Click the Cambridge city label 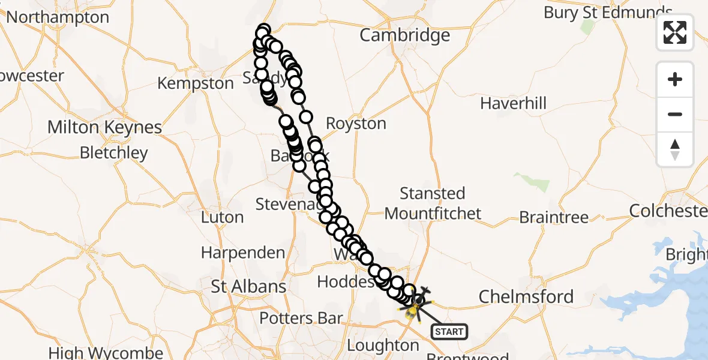[404, 35]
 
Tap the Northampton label [58, 17]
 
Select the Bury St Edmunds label [607, 13]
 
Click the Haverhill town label [513, 104]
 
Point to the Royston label [356, 124]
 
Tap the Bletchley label [113, 153]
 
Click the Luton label [222, 217]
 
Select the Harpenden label [243, 253]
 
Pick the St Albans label [248, 287]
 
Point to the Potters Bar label [301, 319]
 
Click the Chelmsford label [526, 296]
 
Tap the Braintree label [554, 217]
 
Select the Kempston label [196, 83]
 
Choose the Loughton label [383, 346]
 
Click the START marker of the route [449, 331]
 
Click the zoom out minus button [675, 114]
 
